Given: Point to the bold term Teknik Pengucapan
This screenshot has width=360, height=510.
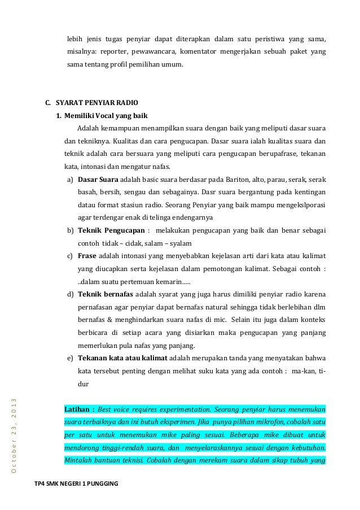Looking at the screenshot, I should click(x=110, y=231).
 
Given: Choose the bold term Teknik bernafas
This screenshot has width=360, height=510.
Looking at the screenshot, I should click(x=105, y=295).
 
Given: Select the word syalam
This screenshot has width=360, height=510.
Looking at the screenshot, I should click(x=180, y=243).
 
